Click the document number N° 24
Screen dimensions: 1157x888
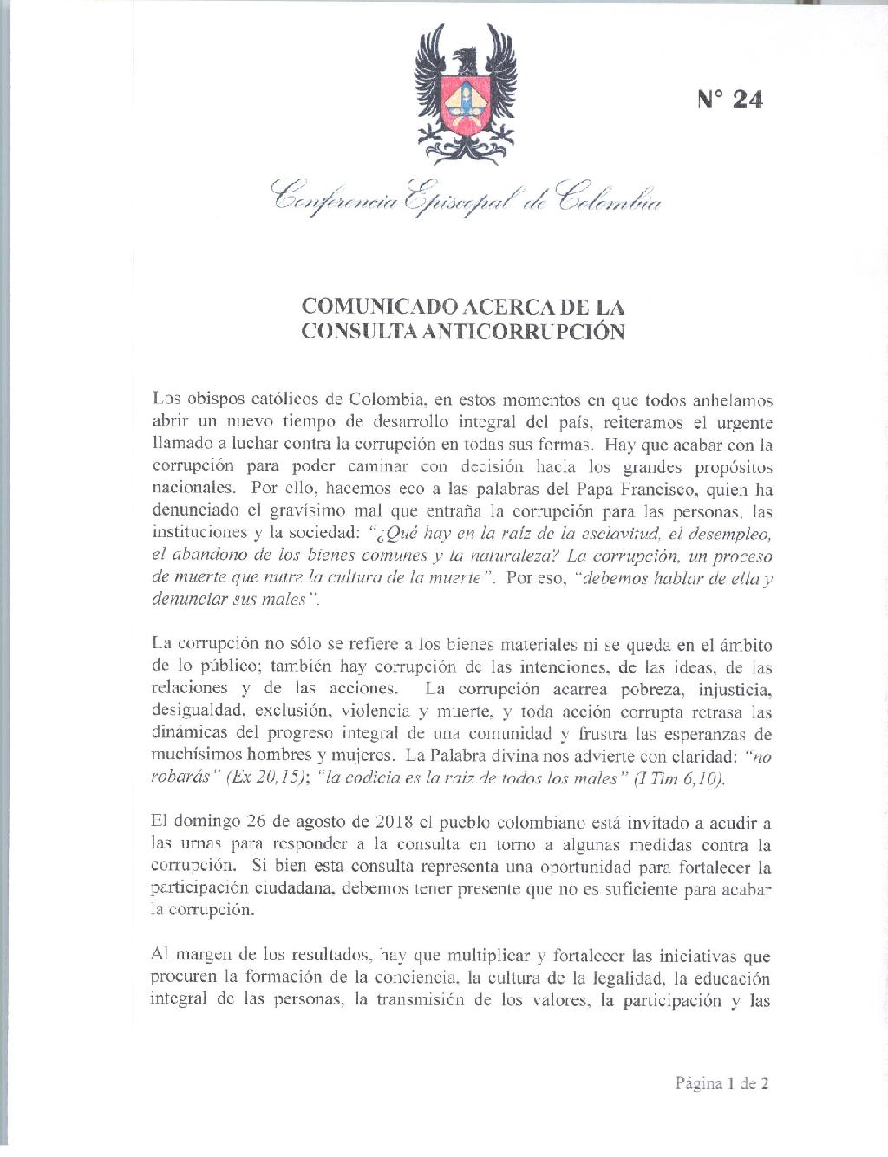pyautogui.click(x=729, y=100)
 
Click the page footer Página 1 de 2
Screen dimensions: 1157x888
pyautogui.click(x=721, y=1082)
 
